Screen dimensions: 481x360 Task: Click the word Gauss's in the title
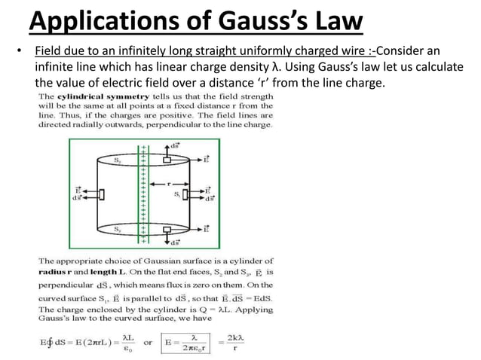(252, 20)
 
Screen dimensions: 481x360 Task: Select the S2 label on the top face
(117, 160)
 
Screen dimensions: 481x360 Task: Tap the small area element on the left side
(102, 194)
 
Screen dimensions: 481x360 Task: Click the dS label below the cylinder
(175, 243)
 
